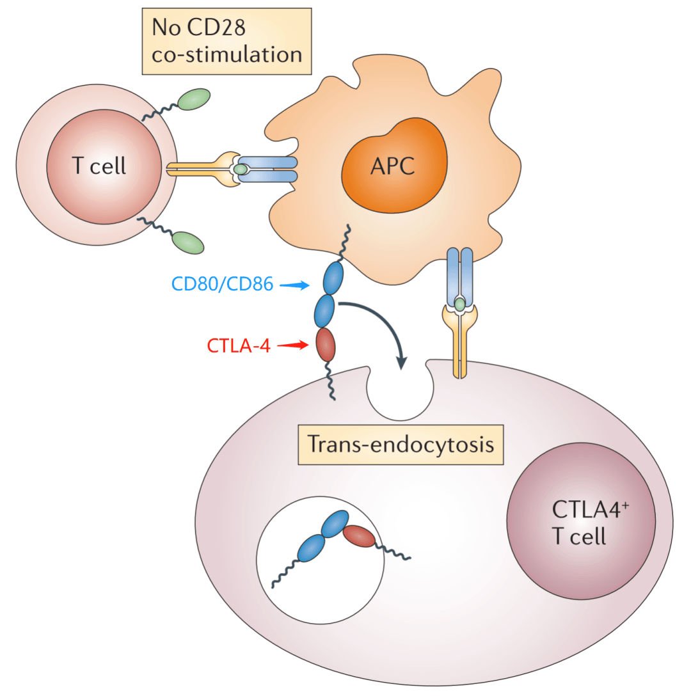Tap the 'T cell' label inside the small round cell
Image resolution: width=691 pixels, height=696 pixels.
point(99,166)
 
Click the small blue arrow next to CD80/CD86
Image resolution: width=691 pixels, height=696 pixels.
point(295,285)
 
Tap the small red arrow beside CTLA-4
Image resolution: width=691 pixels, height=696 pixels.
point(294,345)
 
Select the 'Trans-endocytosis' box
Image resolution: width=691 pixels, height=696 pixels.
point(401,444)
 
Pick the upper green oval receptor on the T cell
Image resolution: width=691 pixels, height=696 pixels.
point(194,100)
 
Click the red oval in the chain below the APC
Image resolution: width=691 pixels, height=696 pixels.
point(326,344)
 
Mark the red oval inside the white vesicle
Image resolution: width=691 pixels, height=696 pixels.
point(359,536)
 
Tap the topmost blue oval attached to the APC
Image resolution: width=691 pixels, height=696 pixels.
point(333,278)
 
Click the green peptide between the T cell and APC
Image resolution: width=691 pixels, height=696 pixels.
point(241,169)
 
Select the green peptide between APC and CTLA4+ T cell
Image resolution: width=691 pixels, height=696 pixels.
point(459,304)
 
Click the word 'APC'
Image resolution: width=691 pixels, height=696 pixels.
point(392,167)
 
